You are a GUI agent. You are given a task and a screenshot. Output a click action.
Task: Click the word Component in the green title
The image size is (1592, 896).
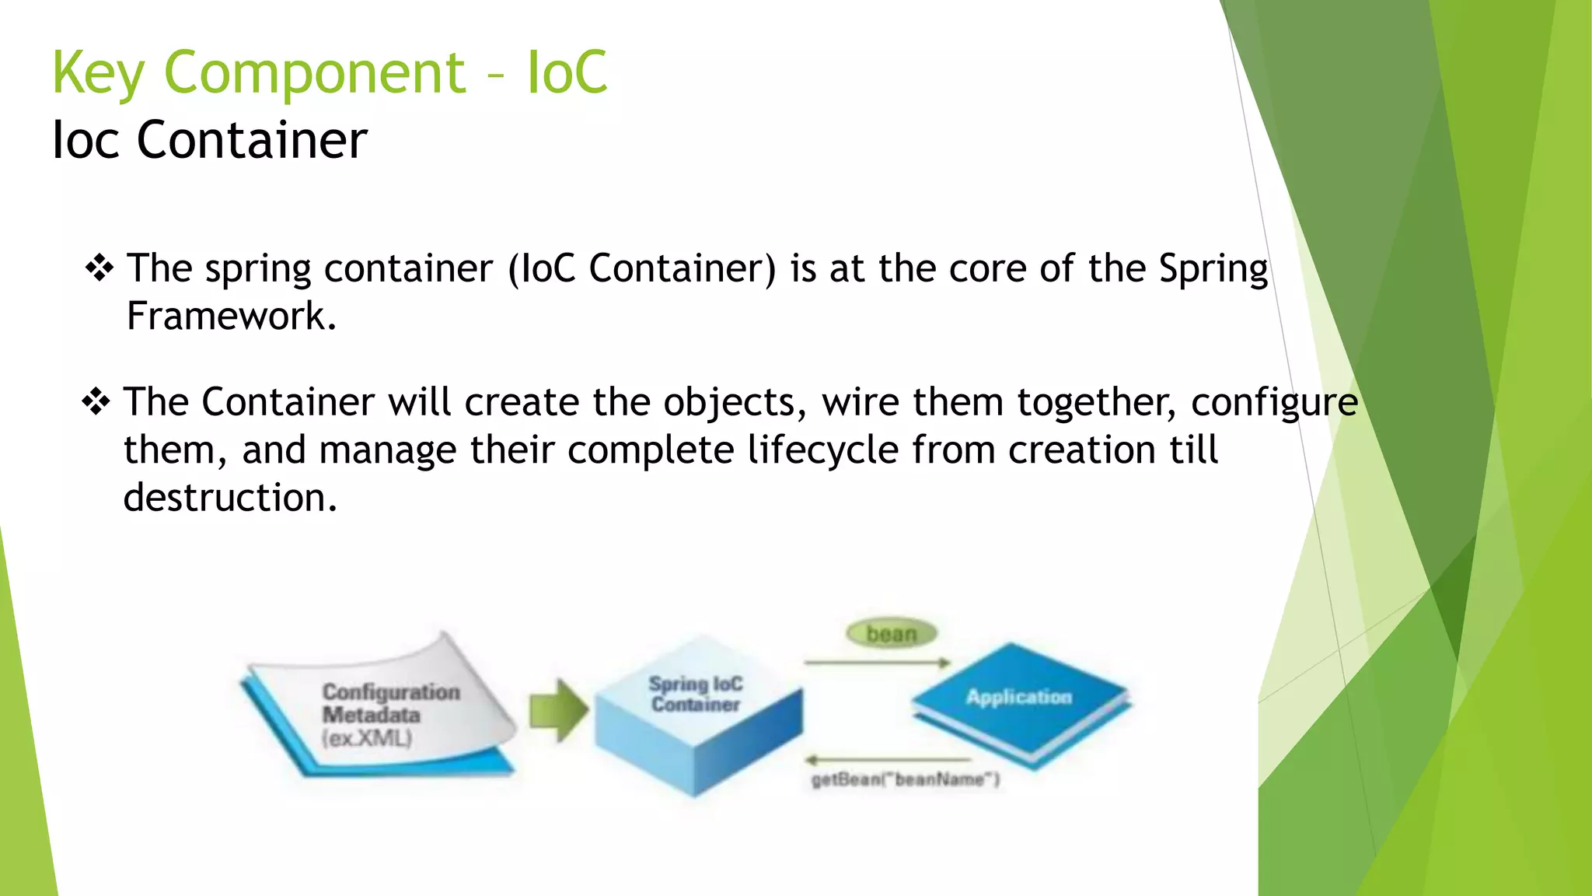(314, 73)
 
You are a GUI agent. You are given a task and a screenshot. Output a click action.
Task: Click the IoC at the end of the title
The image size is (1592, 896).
(567, 73)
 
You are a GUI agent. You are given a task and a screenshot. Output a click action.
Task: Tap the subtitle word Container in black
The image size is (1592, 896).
(251, 141)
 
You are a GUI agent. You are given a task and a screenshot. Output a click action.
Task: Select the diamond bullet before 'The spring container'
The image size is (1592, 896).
(99, 269)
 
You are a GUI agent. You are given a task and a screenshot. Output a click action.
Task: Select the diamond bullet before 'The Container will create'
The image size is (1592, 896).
(96, 402)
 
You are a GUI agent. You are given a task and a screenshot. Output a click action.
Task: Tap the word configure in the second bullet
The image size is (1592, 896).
(1274, 403)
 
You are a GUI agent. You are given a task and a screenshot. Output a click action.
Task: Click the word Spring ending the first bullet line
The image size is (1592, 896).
(1213, 269)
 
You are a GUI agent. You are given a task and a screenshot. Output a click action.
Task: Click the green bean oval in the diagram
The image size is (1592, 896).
(892, 634)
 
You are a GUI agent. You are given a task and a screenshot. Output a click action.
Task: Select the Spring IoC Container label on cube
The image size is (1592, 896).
(696, 694)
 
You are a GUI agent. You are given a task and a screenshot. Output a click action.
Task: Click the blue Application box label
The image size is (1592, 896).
(1018, 697)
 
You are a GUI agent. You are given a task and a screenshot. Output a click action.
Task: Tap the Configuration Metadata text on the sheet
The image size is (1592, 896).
(390, 703)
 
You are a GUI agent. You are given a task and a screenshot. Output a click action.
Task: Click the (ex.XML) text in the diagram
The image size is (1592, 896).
(367, 738)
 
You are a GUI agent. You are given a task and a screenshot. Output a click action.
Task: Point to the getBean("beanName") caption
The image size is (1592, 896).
(905, 779)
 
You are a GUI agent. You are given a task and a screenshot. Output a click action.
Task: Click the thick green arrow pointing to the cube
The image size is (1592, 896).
(558, 710)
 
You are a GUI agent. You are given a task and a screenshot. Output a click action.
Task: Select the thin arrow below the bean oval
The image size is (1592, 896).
(877, 663)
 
